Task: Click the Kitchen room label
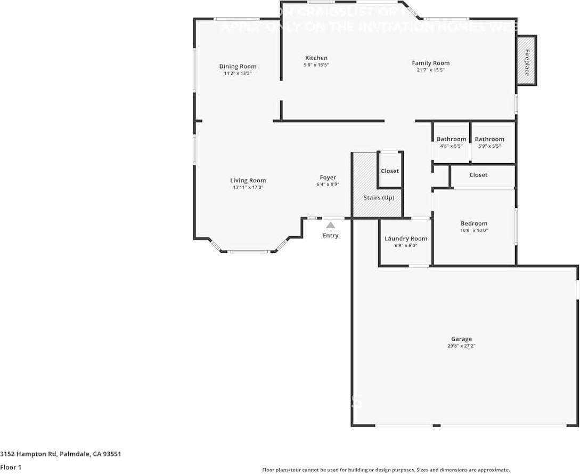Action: (316, 58)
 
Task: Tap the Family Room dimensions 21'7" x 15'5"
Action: (430, 70)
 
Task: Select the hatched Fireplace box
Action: (527, 60)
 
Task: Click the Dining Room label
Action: (238, 67)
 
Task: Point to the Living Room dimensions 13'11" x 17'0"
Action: (248, 188)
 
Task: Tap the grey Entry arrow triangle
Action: (331, 225)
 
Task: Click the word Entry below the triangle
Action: (330, 236)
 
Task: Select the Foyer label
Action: (328, 178)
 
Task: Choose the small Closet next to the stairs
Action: (390, 171)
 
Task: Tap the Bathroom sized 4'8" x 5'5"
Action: (451, 142)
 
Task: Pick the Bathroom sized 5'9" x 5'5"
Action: (489, 142)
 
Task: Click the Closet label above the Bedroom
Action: (478, 175)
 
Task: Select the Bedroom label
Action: (473, 224)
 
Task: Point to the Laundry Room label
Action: (406, 239)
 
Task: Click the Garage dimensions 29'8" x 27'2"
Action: (461, 346)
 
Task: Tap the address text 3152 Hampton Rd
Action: (61, 454)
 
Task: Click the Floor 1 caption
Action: (11, 467)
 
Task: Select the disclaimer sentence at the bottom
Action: (386, 470)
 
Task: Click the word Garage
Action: (461, 339)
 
